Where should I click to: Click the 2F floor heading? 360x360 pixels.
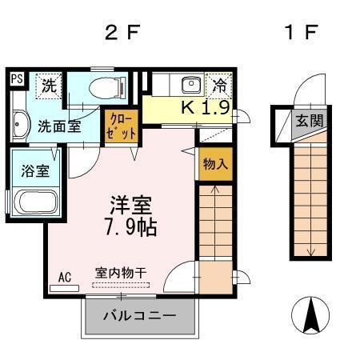coord(123,34)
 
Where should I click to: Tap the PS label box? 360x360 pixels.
coord(16,79)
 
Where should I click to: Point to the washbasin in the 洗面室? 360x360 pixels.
coord(19,125)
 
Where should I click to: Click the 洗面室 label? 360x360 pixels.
coord(58,126)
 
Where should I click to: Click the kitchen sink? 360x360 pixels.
coord(191,85)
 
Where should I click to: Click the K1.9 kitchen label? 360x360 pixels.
coord(208,107)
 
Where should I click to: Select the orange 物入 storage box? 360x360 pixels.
coord(213,164)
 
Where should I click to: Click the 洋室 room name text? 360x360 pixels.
coord(126,203)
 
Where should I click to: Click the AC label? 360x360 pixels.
coord(65,277)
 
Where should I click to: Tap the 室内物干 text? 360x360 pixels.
coord(121,272)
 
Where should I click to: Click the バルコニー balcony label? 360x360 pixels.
coord(139,316)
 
